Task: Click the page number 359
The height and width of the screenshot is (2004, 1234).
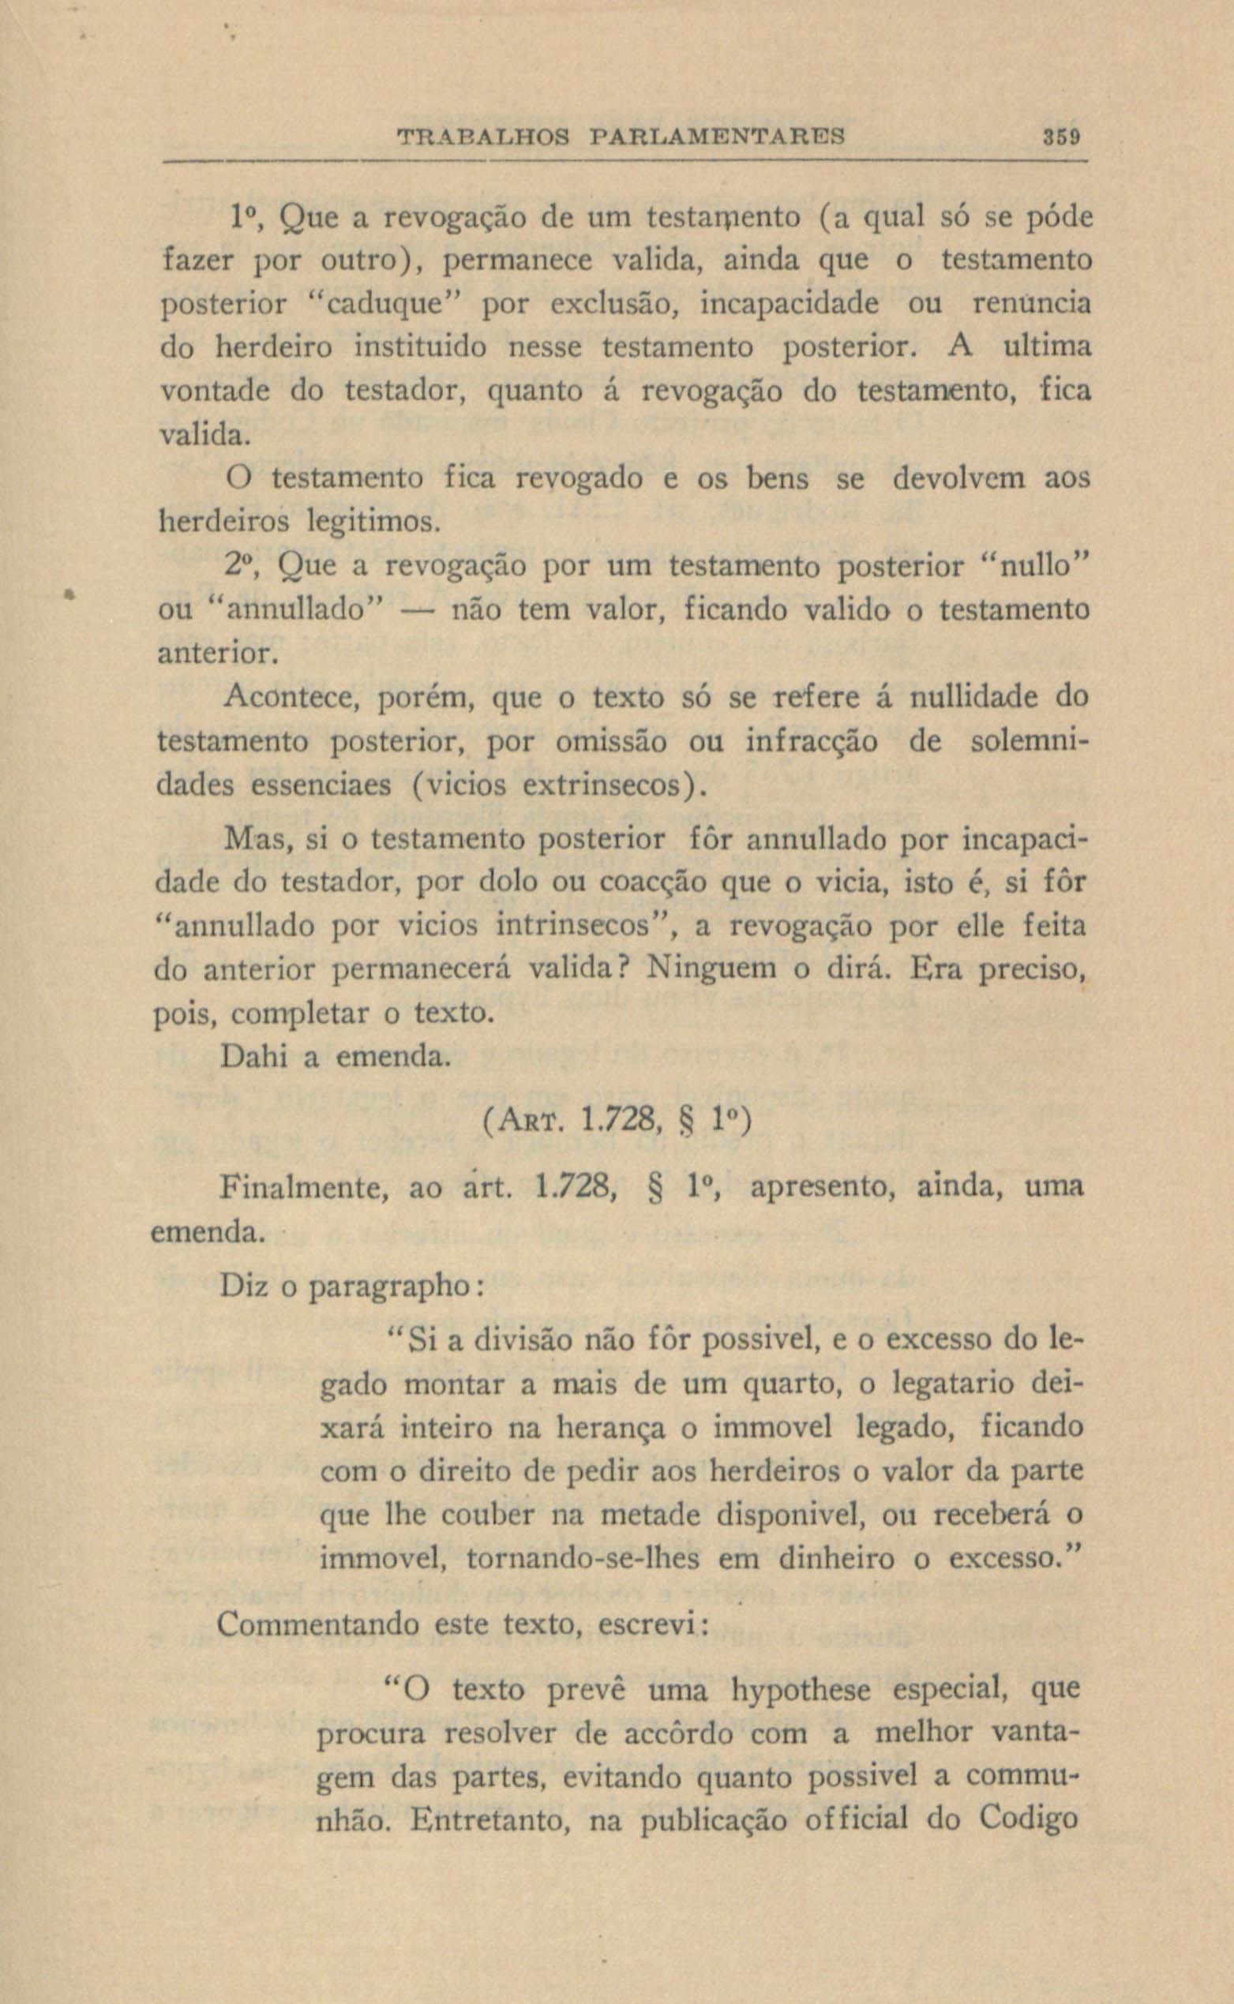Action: (1061, 136)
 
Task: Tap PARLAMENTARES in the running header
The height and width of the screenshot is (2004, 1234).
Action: (717, 136)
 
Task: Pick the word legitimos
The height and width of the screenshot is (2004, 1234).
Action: (372, 520)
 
